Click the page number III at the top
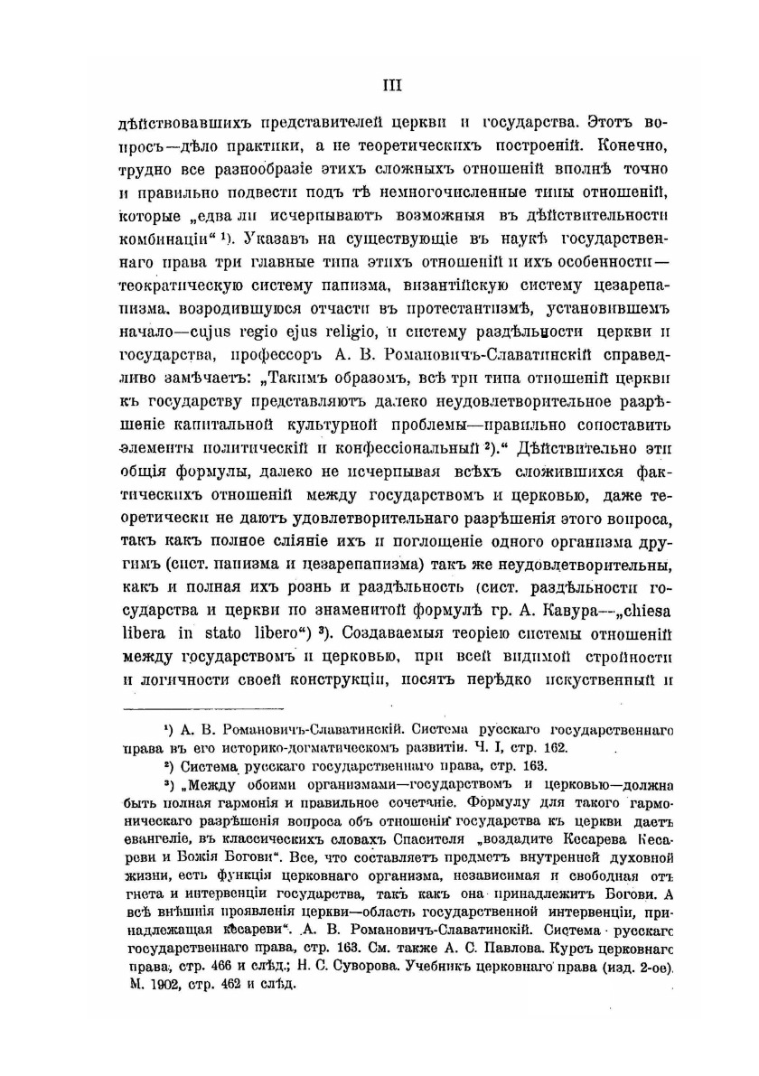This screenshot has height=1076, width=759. (390, 87)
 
